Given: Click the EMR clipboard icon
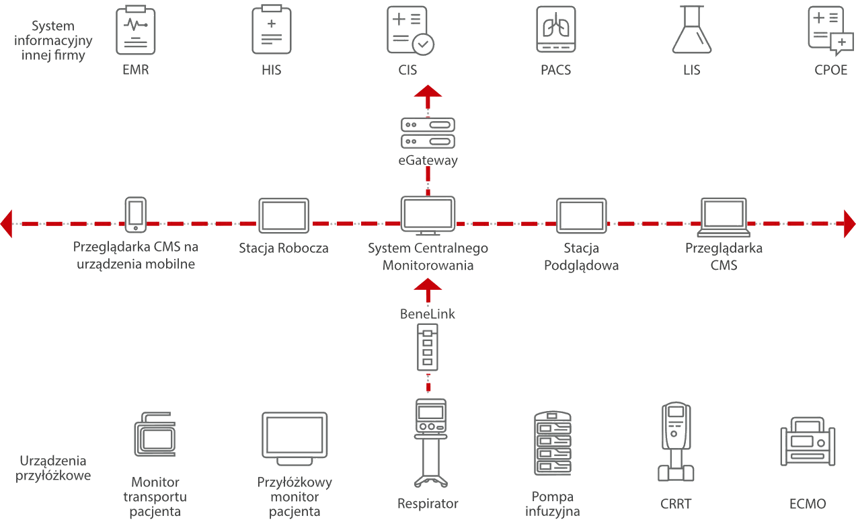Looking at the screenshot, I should click(x=135, y=30).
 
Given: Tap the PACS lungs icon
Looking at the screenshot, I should click(x=555, y=30).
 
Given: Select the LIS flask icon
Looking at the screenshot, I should click(x=691, y=30).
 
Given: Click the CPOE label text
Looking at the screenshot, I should click(x=830, y=69).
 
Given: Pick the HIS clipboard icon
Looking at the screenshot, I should click(x=271, y=30).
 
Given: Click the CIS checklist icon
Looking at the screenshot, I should click(x=410, y=30).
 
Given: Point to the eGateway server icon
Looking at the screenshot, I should click(x=428, y=133).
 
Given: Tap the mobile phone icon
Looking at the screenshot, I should click(x=136, y=214).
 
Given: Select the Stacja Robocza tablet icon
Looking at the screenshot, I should click(x=284, y=215).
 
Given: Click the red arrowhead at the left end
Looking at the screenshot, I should click(x=7, y=223).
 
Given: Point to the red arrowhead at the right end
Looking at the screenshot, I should click(x=849, y=223).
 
